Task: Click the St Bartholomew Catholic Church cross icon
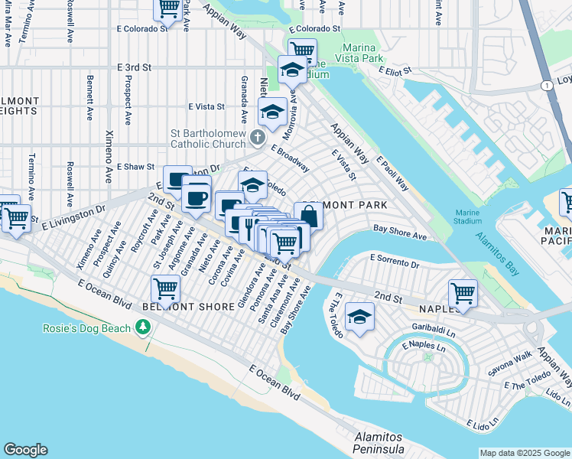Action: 258,138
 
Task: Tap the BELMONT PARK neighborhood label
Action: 345,205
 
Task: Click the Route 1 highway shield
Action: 547,86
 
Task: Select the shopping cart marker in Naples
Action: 463,292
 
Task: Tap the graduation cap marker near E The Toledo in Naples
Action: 359,316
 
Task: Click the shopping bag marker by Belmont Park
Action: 307,215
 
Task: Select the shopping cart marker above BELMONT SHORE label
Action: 165,288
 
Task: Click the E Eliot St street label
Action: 396,70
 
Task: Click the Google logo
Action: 25,450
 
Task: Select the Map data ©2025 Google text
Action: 524,453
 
